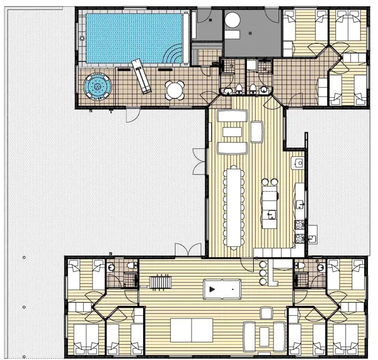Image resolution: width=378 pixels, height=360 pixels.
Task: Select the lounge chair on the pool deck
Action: (x=140, y=76)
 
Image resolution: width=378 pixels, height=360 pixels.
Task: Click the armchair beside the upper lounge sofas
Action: (x=256, y=131)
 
